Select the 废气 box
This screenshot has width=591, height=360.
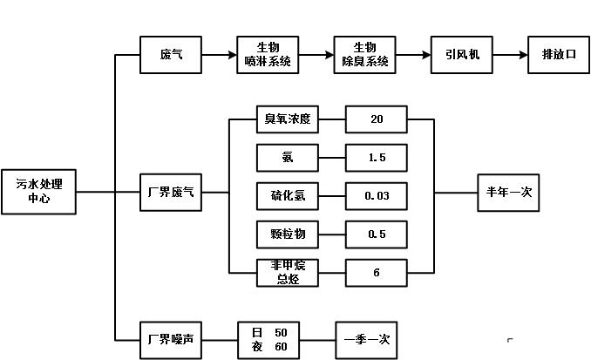(x=172, y=54)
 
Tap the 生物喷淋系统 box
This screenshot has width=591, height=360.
(x=268, y=54)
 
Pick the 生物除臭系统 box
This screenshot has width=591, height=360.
(x=365, y=54)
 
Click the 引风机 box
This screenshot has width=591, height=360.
(x=462, y=54)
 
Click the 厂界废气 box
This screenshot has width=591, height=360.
(x=172, y=192)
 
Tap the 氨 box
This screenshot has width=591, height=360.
(x=288, y=158)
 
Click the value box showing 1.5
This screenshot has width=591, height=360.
(x=377, y=158)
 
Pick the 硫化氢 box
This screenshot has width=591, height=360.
(x=288, y=196)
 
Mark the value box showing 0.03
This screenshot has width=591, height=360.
(x=377, y=196)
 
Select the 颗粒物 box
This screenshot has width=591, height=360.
(x=288, y=234)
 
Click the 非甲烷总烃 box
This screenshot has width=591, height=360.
(x=288, y=273)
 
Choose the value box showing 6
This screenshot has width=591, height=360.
(x=377, y=273)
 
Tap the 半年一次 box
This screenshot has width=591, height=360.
(x=509, y=192)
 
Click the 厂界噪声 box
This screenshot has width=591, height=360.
(x=172, y=339)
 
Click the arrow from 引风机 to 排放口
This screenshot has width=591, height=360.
(x=510, y=54)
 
